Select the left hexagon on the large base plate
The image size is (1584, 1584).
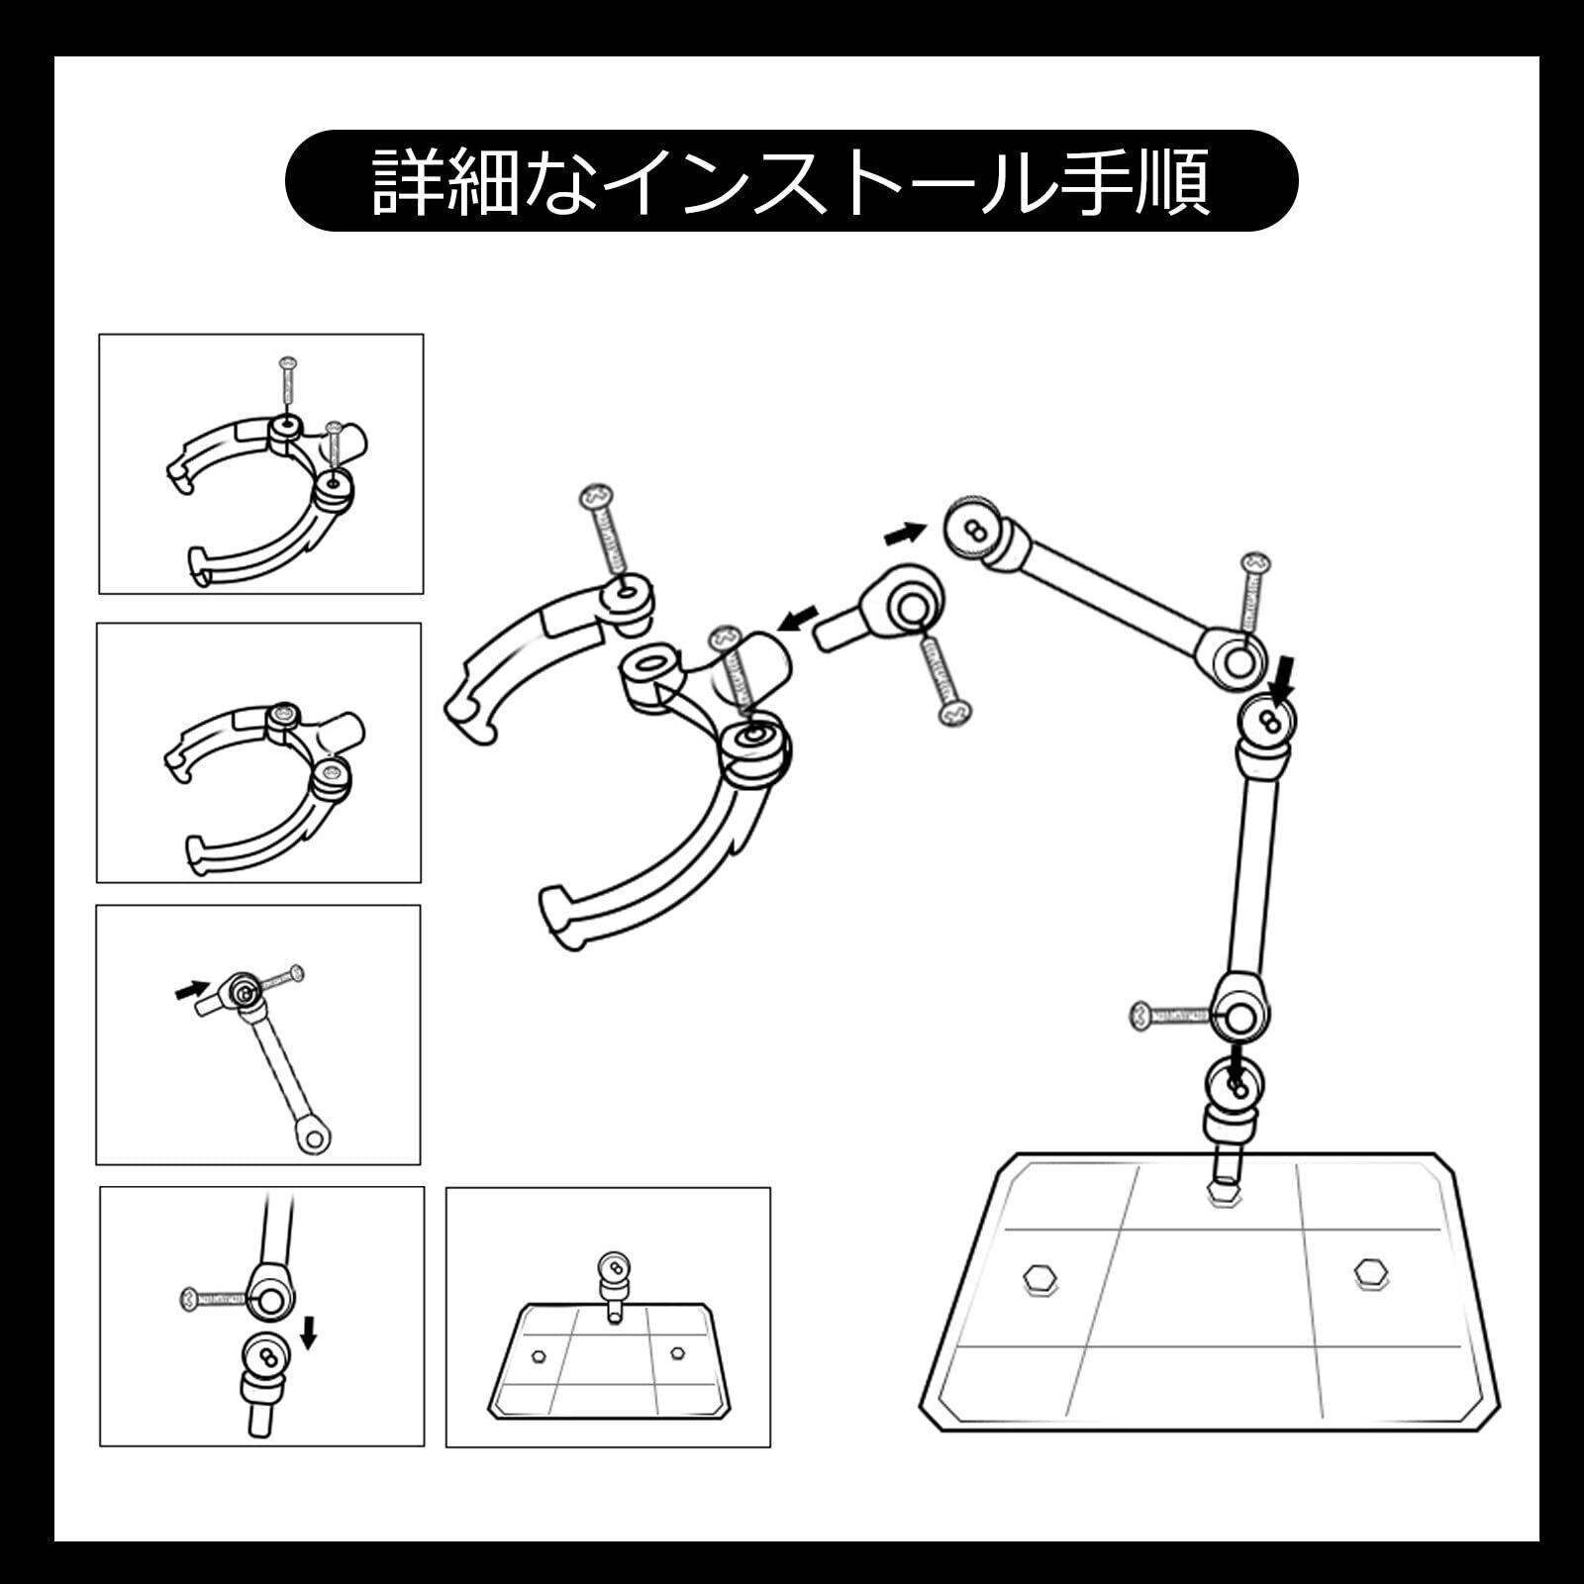pyautogui.click(x=1039, y=1277)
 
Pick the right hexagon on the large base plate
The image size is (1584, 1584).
pyautogui.click(x=1370, y=1273)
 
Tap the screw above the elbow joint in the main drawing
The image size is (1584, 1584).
pyautogui.click(x=1252, y=592)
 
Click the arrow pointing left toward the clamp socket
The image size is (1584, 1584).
pyautogui.click(x=798, y=620)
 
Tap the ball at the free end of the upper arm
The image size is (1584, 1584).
pyautogui.click(x=973, y=532)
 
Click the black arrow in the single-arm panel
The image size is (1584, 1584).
pyautogui.click(x=192, y=988)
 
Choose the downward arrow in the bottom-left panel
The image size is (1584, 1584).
pyautogui.click(x=309, y=1332)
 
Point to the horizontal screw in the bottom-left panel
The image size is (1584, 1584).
pyautogui.click(x=213, y=1298)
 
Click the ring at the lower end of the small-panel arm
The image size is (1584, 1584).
pyautogui.click(x=314, y=1138)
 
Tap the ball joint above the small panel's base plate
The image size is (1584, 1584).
pyautogui.click(x=614, y=1269)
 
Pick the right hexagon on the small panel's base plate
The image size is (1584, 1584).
pyautogui.click(x=678, y=1352)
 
